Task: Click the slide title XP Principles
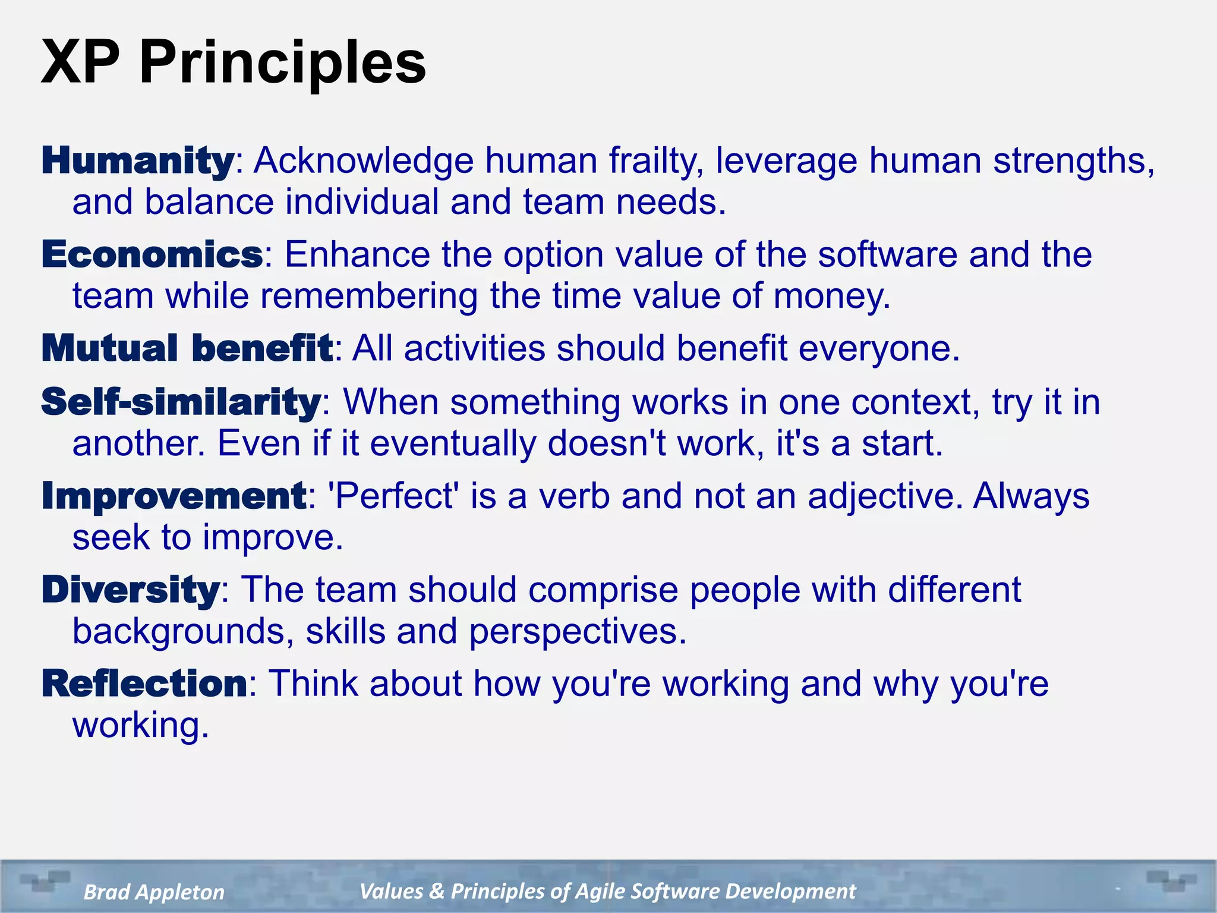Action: [x=233, y=62]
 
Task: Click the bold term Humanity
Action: [x=138, y=161]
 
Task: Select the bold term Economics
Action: [x=152, y=255]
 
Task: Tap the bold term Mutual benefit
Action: [x=187, y=348]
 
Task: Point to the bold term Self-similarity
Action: [x=181, y=402]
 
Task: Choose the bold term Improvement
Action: [x=174, y=496]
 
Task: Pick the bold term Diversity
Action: [x=131, y=590]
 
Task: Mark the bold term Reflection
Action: [x=144, y=684]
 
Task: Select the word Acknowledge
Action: [x=364, y=161]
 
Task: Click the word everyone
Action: [x=878, y=349]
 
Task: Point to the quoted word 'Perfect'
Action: [x=393, y=496]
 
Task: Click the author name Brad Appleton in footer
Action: [x=154, y=892]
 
